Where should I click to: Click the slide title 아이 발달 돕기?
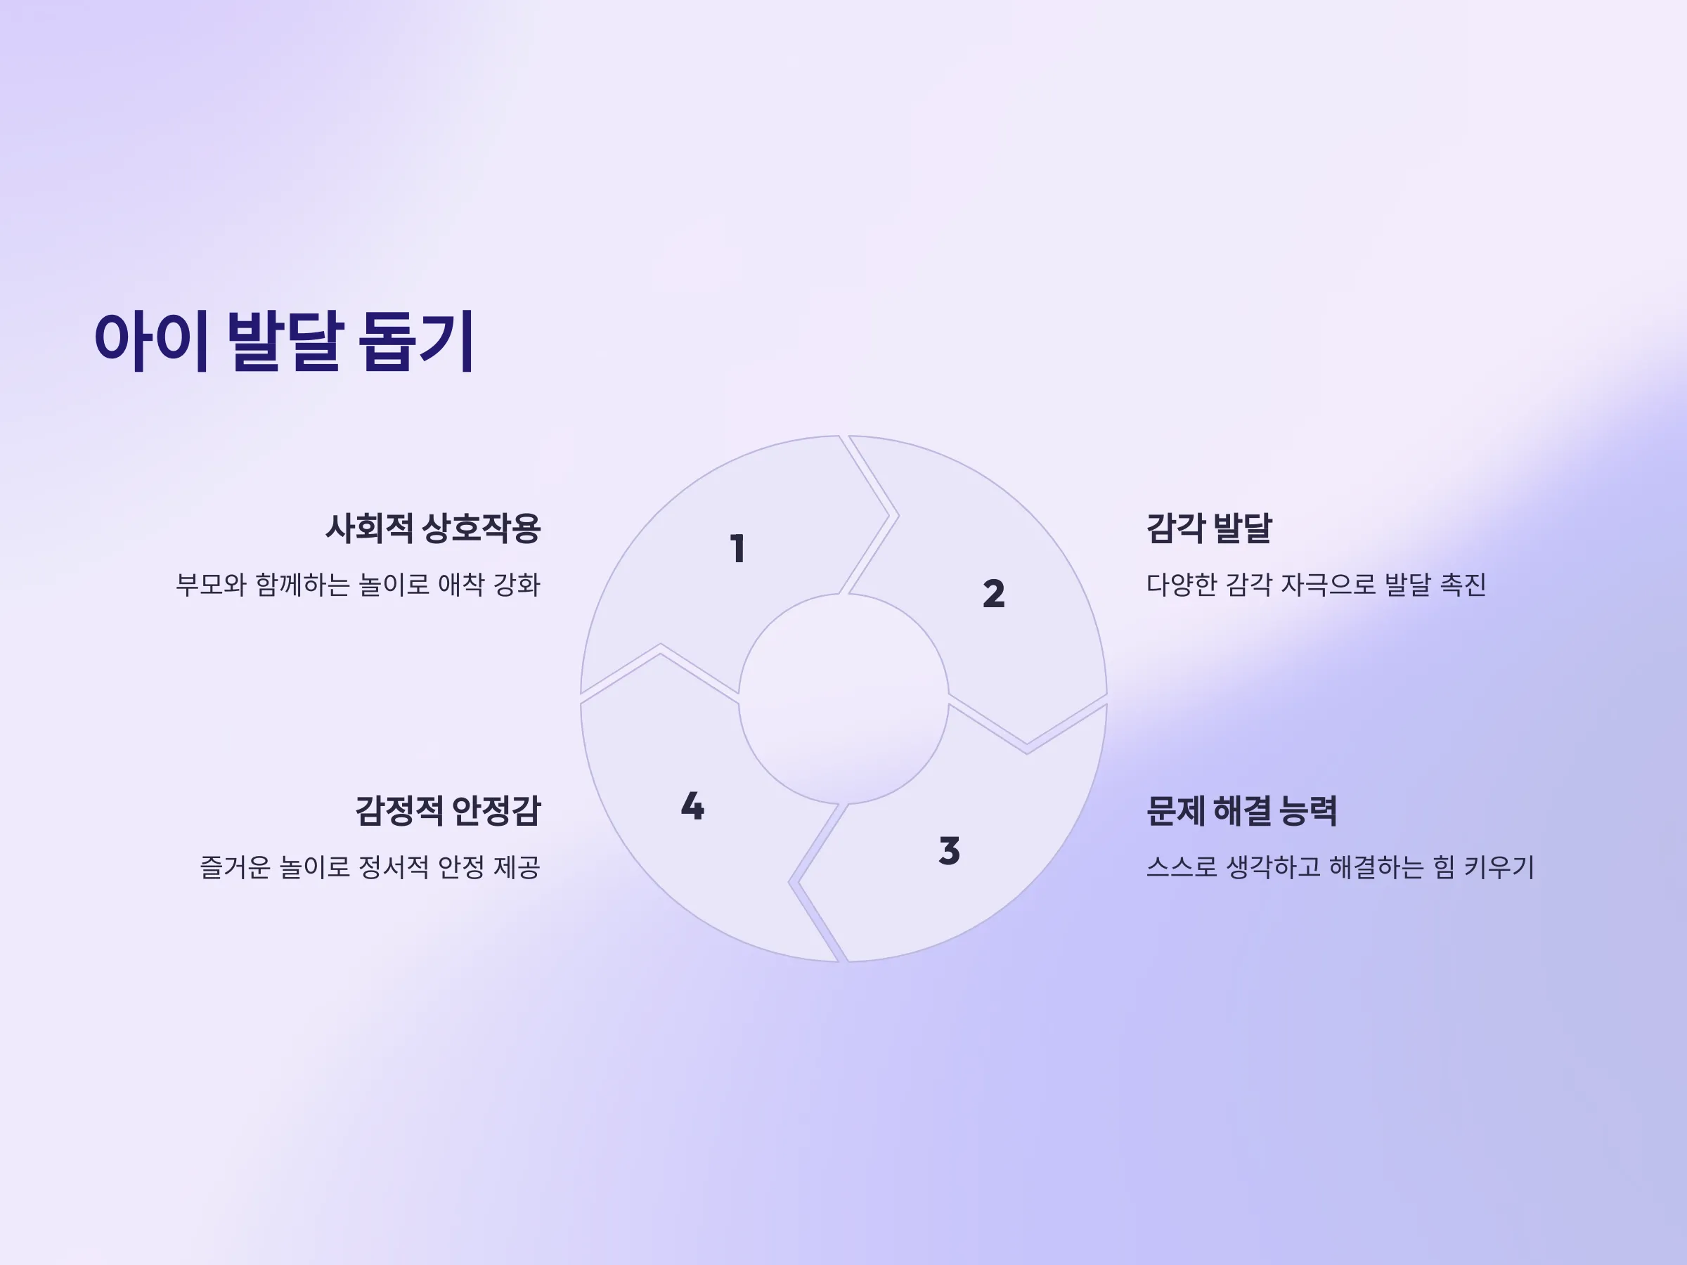coord(285,340)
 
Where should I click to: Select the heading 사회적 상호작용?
coord(433,528)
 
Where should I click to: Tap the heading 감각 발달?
coord(1210,528)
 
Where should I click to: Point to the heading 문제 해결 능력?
coord(1241,810)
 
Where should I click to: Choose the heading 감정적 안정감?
coord(448,810)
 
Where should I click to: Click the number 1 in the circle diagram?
coord(737,548)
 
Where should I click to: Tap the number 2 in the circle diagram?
coord(994,593)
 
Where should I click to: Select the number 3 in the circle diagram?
coord(950,850)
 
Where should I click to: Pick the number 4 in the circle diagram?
coord(692,805)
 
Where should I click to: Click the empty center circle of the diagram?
coord(843,699)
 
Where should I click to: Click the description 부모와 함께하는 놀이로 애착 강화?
coord(358,585)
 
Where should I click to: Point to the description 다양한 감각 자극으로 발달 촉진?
coord(1317,585)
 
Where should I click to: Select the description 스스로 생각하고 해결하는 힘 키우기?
coord(1340,867)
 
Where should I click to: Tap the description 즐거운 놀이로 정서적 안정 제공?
coord(370,867)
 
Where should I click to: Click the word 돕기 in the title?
coord(418,340)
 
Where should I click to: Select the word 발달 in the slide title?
coord(283,340)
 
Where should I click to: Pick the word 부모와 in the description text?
coord(212,585)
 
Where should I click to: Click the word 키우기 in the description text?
coord(1499,867)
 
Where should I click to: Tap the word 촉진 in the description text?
coord(1463,585)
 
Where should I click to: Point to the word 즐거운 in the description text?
coord(235,867)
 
